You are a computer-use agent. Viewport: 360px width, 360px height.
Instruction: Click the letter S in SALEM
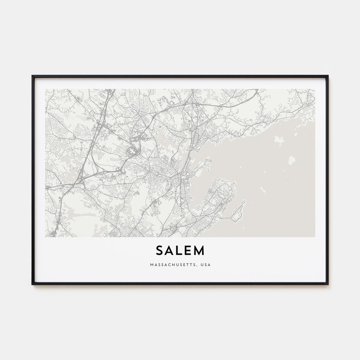click(160, 250)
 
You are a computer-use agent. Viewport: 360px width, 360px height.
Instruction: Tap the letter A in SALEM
click(170, 250)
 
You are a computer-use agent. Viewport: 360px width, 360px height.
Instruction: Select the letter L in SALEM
click(180, 250)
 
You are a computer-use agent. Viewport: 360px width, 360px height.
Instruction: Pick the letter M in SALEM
click(199, 250)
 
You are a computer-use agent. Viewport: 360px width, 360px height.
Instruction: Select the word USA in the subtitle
click(205, 265)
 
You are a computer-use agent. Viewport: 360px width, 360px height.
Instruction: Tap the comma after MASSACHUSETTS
click(196, 266)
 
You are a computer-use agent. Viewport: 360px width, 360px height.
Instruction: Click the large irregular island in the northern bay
click(279, 139)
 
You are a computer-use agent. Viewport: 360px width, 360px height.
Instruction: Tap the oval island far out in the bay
click(291, 161)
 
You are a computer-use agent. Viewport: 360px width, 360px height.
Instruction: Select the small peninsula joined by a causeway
click(238, 210)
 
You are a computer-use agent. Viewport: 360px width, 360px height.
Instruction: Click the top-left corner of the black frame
click(32, 76)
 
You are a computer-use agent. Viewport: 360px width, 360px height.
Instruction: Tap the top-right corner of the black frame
click(328, 76)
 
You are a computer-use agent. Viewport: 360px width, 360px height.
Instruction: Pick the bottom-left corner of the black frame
click(32, 284)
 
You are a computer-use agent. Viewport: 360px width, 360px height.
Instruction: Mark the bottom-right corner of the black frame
click(328, 284)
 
